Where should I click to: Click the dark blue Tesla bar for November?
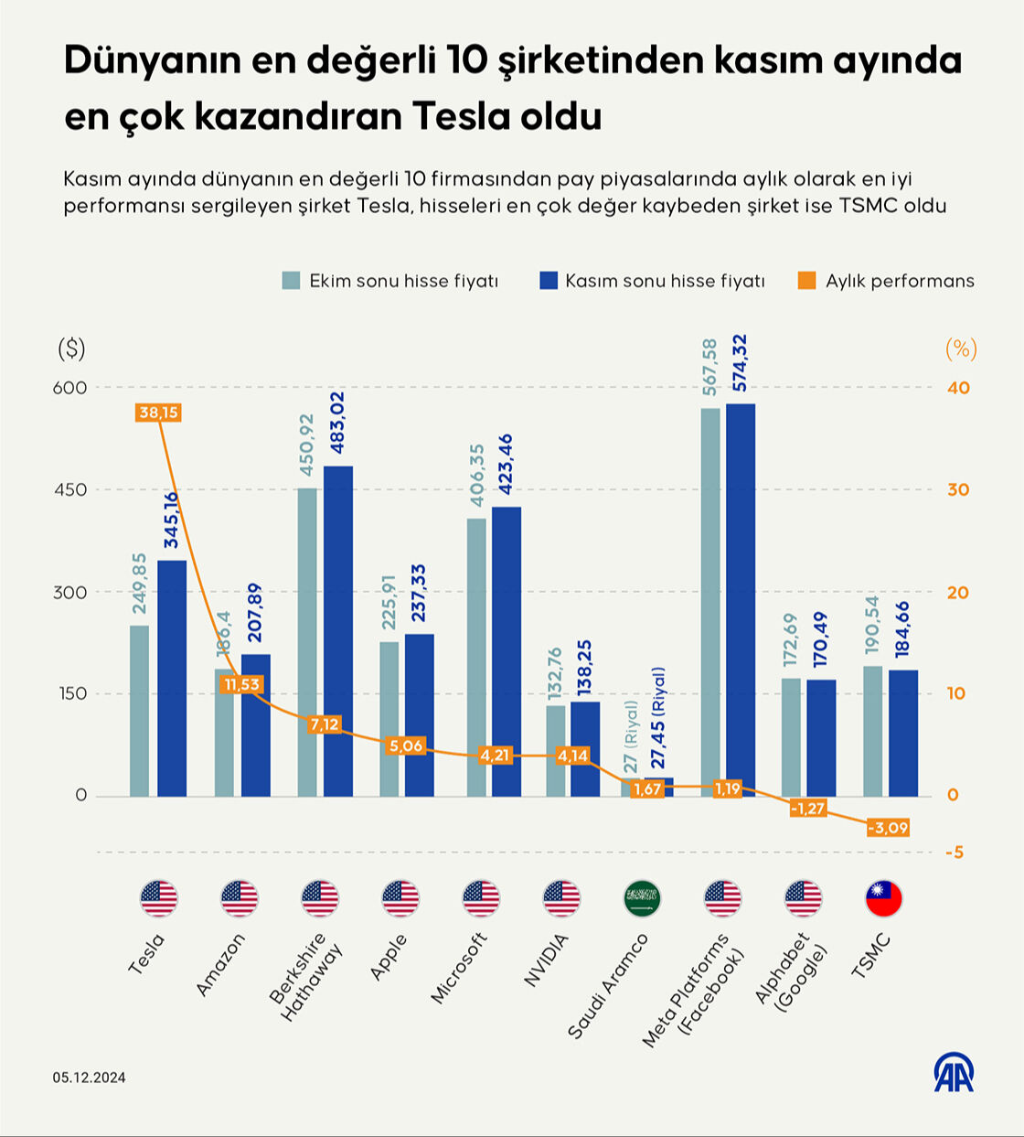172,677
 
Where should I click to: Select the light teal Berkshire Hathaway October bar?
307,640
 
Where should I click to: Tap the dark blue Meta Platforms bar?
741,599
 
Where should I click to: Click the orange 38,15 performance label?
159,413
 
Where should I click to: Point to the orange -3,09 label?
888,828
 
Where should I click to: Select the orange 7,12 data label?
325,724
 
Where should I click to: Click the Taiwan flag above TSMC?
883,899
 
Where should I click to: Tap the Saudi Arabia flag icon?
642,899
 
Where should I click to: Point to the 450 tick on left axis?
69,489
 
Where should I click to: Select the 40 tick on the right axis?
957,388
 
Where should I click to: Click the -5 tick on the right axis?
955,853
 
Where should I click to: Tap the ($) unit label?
71,349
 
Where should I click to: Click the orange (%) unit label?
960,349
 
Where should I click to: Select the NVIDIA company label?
546,960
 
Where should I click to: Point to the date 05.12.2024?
89,1078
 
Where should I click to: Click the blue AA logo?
954,1072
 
